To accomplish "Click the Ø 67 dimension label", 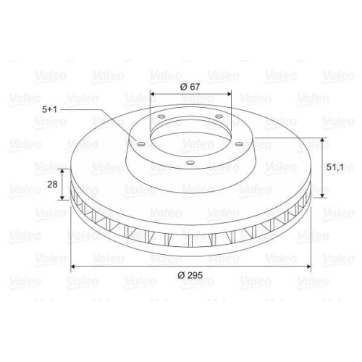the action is click(190, 86).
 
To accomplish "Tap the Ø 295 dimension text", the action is click(190, 275).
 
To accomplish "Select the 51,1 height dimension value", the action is click(334, 167).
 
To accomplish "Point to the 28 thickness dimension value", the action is click(52, 185).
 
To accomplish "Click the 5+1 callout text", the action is click(49, 109).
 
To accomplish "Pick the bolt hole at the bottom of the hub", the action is click(190, 163).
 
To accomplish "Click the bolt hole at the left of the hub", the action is click(141, 144).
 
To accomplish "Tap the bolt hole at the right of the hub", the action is click(239, 144).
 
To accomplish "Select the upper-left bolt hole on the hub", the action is click(161, 117).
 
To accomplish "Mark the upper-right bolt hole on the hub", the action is click(219, 117).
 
